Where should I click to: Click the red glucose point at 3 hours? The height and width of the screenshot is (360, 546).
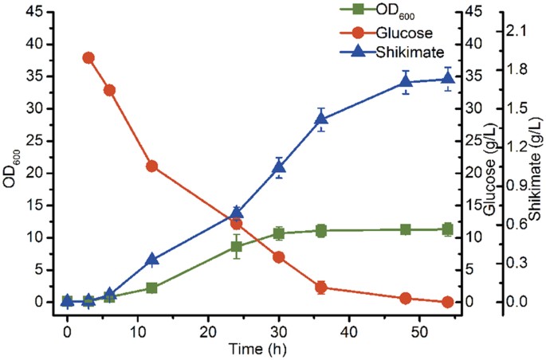pyautogui.click(x=88, y=57)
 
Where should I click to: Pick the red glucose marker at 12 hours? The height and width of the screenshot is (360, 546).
pyautogui.click(x=151, y=166)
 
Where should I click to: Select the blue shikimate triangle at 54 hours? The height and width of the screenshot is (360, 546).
pyautogui.click(x=447, y=78)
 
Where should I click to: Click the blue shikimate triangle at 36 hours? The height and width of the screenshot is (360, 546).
pyautogui.click(x=321, y=119)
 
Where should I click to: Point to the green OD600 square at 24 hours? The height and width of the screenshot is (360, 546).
pyautogui.click(x=237, y=246)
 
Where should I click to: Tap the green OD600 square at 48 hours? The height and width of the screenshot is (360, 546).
pyautogui.click(x=406, y=229)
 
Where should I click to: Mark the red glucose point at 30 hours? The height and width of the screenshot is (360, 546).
pyautogui.click(x=279, y=257)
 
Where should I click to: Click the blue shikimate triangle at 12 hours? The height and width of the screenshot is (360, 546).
pyautogui.click(x=151, y=260)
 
